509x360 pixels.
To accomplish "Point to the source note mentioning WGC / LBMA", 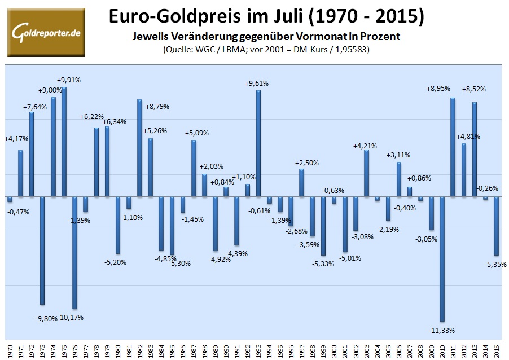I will pos(265,49).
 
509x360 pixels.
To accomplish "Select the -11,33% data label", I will pos(441,330).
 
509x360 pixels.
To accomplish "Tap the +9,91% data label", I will pos(69,80).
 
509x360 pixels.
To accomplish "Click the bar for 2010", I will pos(442,259).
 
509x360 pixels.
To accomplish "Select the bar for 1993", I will pos(258,143).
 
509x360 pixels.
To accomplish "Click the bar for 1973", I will pos(42,251).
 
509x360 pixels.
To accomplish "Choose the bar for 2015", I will pos(497,226).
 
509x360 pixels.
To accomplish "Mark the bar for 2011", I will pos(453,147).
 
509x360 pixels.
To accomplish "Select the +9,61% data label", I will pos(256,83).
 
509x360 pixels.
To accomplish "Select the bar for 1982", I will pos(139,148).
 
